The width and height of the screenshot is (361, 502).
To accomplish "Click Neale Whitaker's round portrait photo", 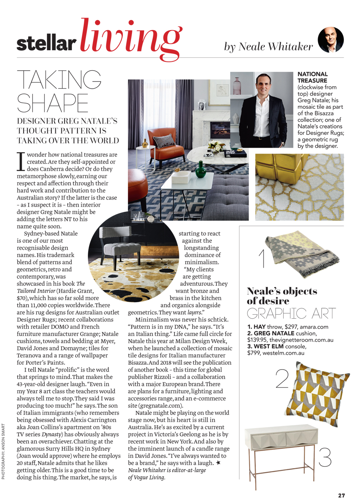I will (x=331, y=40).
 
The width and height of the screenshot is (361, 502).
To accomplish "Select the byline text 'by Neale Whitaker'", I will (x=268, y=47).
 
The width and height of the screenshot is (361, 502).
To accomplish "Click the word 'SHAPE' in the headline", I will (x=53, y=103).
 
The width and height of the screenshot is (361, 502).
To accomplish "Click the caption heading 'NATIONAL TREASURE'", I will (x=312, y=77).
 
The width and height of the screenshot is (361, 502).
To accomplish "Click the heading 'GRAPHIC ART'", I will (x=291, y=313).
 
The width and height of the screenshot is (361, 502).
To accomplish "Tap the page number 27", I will (x=341, y=495).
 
